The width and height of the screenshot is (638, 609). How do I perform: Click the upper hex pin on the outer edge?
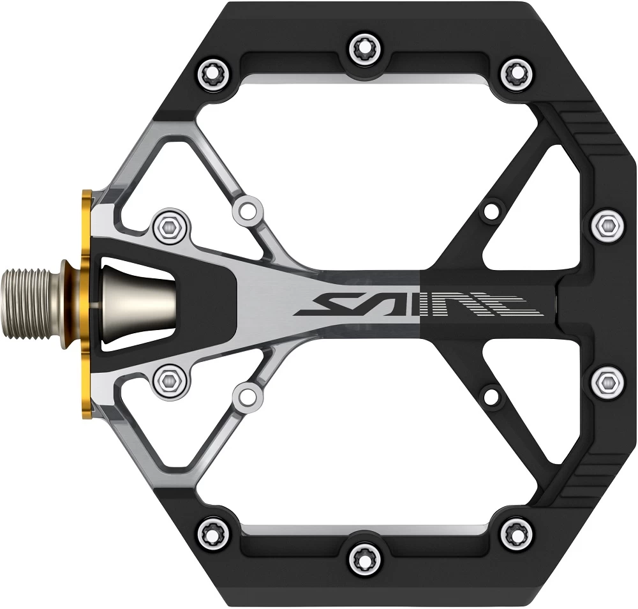(607, 223)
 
